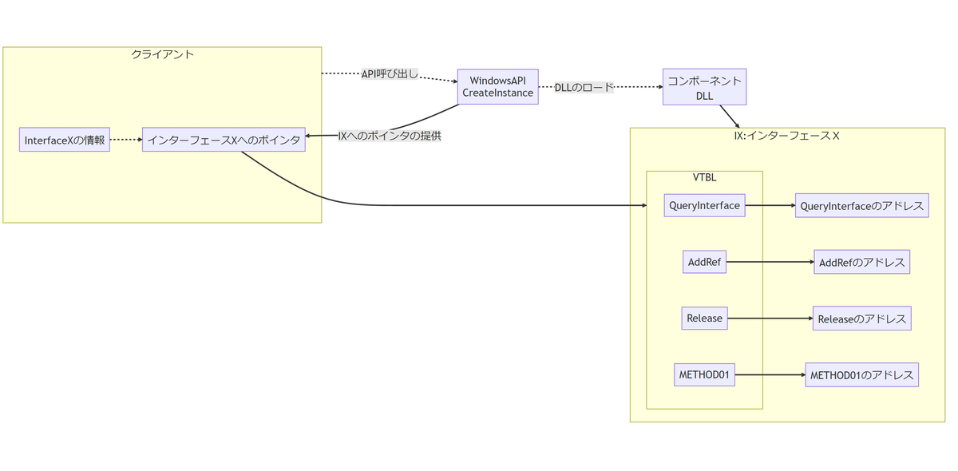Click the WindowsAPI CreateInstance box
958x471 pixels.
click(497, 87)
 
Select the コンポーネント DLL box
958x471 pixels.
click(704, 87)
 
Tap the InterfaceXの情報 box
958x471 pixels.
click(64, 140)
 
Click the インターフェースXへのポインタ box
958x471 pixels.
click(224, 140)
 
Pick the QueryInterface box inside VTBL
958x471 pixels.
click(704, 205)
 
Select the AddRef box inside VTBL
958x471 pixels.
click(704, 262)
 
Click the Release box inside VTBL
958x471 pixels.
click(704, 319)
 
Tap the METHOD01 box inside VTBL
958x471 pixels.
click(704, 374)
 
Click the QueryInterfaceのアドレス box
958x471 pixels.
click(861, 206)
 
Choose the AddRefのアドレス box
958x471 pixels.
click(861, 262)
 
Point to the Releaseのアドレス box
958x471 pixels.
click(861, 319)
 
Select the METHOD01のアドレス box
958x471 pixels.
click(861, 375)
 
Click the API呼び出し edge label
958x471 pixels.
click(390, 74)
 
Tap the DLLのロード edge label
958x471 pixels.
click(584, 87)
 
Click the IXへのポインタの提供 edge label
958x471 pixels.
click(389, 136)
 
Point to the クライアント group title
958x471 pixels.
click(162, 54)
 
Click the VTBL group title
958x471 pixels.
click(704, 177)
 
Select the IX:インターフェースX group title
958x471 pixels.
click(786, 136)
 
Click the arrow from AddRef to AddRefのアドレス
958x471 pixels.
click(770, 262)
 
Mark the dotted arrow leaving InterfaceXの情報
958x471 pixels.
click(126, 140)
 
